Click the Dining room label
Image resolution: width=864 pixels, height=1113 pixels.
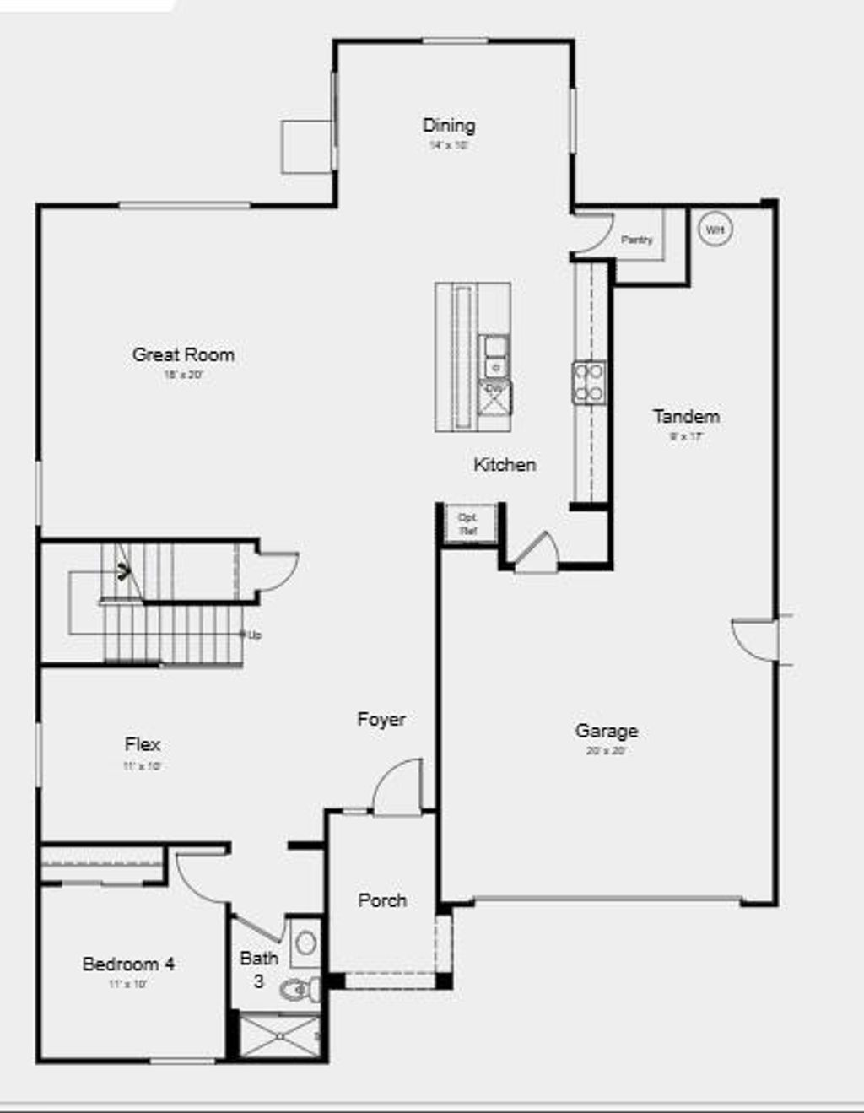tap(448, 126)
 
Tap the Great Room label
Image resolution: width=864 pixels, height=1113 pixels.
tap(183, 354)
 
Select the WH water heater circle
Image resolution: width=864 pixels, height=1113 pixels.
tap(715, 230)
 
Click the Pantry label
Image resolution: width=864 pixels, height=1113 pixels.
tap(637, 240)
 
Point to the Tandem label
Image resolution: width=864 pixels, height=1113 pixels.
tap(686, 416)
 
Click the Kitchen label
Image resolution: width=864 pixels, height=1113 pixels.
tap(505, 464)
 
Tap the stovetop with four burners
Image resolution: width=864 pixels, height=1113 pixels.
tap(589, 382)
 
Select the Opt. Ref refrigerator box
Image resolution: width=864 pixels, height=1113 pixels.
tap(467, 524)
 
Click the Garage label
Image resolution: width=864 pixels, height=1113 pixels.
tap(606, 731)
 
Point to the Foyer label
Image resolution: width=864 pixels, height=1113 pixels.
tap(381, 719)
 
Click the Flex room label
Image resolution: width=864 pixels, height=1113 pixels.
tap(142, 744)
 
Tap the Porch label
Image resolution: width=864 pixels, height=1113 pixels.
tap(382, 900)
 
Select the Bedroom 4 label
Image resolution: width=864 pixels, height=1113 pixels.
tap(128, 964)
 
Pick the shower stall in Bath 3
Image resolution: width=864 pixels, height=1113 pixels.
tap(279, 1035)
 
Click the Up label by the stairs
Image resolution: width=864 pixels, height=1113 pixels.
tap(254, 635)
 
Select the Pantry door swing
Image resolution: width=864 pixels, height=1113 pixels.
tap(592, 234)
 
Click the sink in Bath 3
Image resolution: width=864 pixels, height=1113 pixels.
tap(305, 942)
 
